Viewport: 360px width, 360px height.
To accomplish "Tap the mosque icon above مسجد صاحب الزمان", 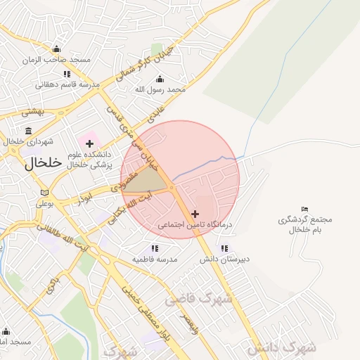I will coord(56,49).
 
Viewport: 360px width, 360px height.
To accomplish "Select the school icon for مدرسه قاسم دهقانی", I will coord(67,73).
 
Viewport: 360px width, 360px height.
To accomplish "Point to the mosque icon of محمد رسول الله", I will coord(160,78).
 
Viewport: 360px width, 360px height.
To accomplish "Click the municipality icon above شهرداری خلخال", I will coord(28,131).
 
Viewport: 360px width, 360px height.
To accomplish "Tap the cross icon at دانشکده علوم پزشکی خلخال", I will coord(89,143).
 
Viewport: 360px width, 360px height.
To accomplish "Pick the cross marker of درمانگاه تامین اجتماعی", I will coord(195,213).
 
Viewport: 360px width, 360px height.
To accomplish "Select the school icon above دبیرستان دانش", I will coord(224,247).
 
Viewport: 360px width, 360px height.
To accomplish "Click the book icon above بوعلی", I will coord(45,192).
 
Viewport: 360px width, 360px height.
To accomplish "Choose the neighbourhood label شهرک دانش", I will coord(281,347).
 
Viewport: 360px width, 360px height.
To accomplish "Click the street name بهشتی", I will coord(32,112).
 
